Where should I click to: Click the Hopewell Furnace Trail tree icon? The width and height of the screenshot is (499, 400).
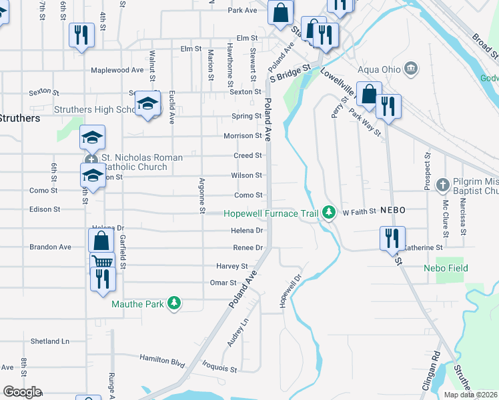tap(328, 213)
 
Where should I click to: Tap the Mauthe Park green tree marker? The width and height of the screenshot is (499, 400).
tap(174, 304)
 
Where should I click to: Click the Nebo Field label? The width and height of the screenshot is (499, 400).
tap(446, 268)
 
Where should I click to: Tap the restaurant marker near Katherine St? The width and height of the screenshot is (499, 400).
tap(392, 238)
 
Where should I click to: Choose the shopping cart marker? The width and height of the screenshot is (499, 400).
tap(102, 262)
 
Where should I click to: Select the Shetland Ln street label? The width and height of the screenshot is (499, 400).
tap(50, 341)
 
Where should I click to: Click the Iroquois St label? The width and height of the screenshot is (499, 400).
tap(219, 367)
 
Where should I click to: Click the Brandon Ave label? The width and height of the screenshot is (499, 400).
tap(50, 247)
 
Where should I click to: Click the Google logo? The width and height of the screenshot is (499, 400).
tap(22, 392)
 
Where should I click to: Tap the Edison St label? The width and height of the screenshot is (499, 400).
tap(45, 209)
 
